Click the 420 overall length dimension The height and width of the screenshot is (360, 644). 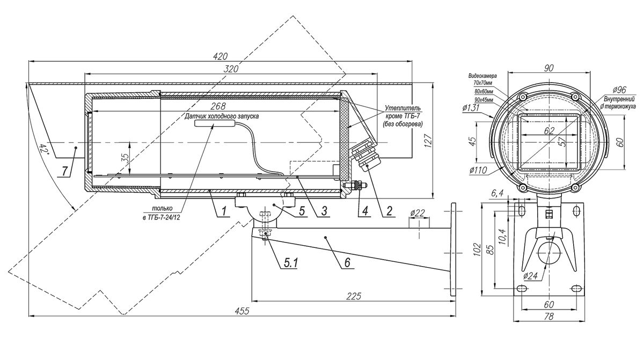(x=220, y=56)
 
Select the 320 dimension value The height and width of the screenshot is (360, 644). (x=231, y=69)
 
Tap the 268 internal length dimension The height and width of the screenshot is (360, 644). (x=218, y=106)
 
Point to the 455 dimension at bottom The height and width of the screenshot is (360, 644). (x=242, y=311)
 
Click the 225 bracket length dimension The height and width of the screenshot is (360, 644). (x=354, y=296)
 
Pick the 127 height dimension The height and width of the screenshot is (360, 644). (x=428, y=141)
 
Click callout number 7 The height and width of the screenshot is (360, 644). (x=65, y=171)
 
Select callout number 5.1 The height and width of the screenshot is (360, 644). (x=291, y=262)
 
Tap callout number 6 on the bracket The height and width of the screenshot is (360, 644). (x=347, y=262)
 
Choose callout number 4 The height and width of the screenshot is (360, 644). (x=365, y=211)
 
